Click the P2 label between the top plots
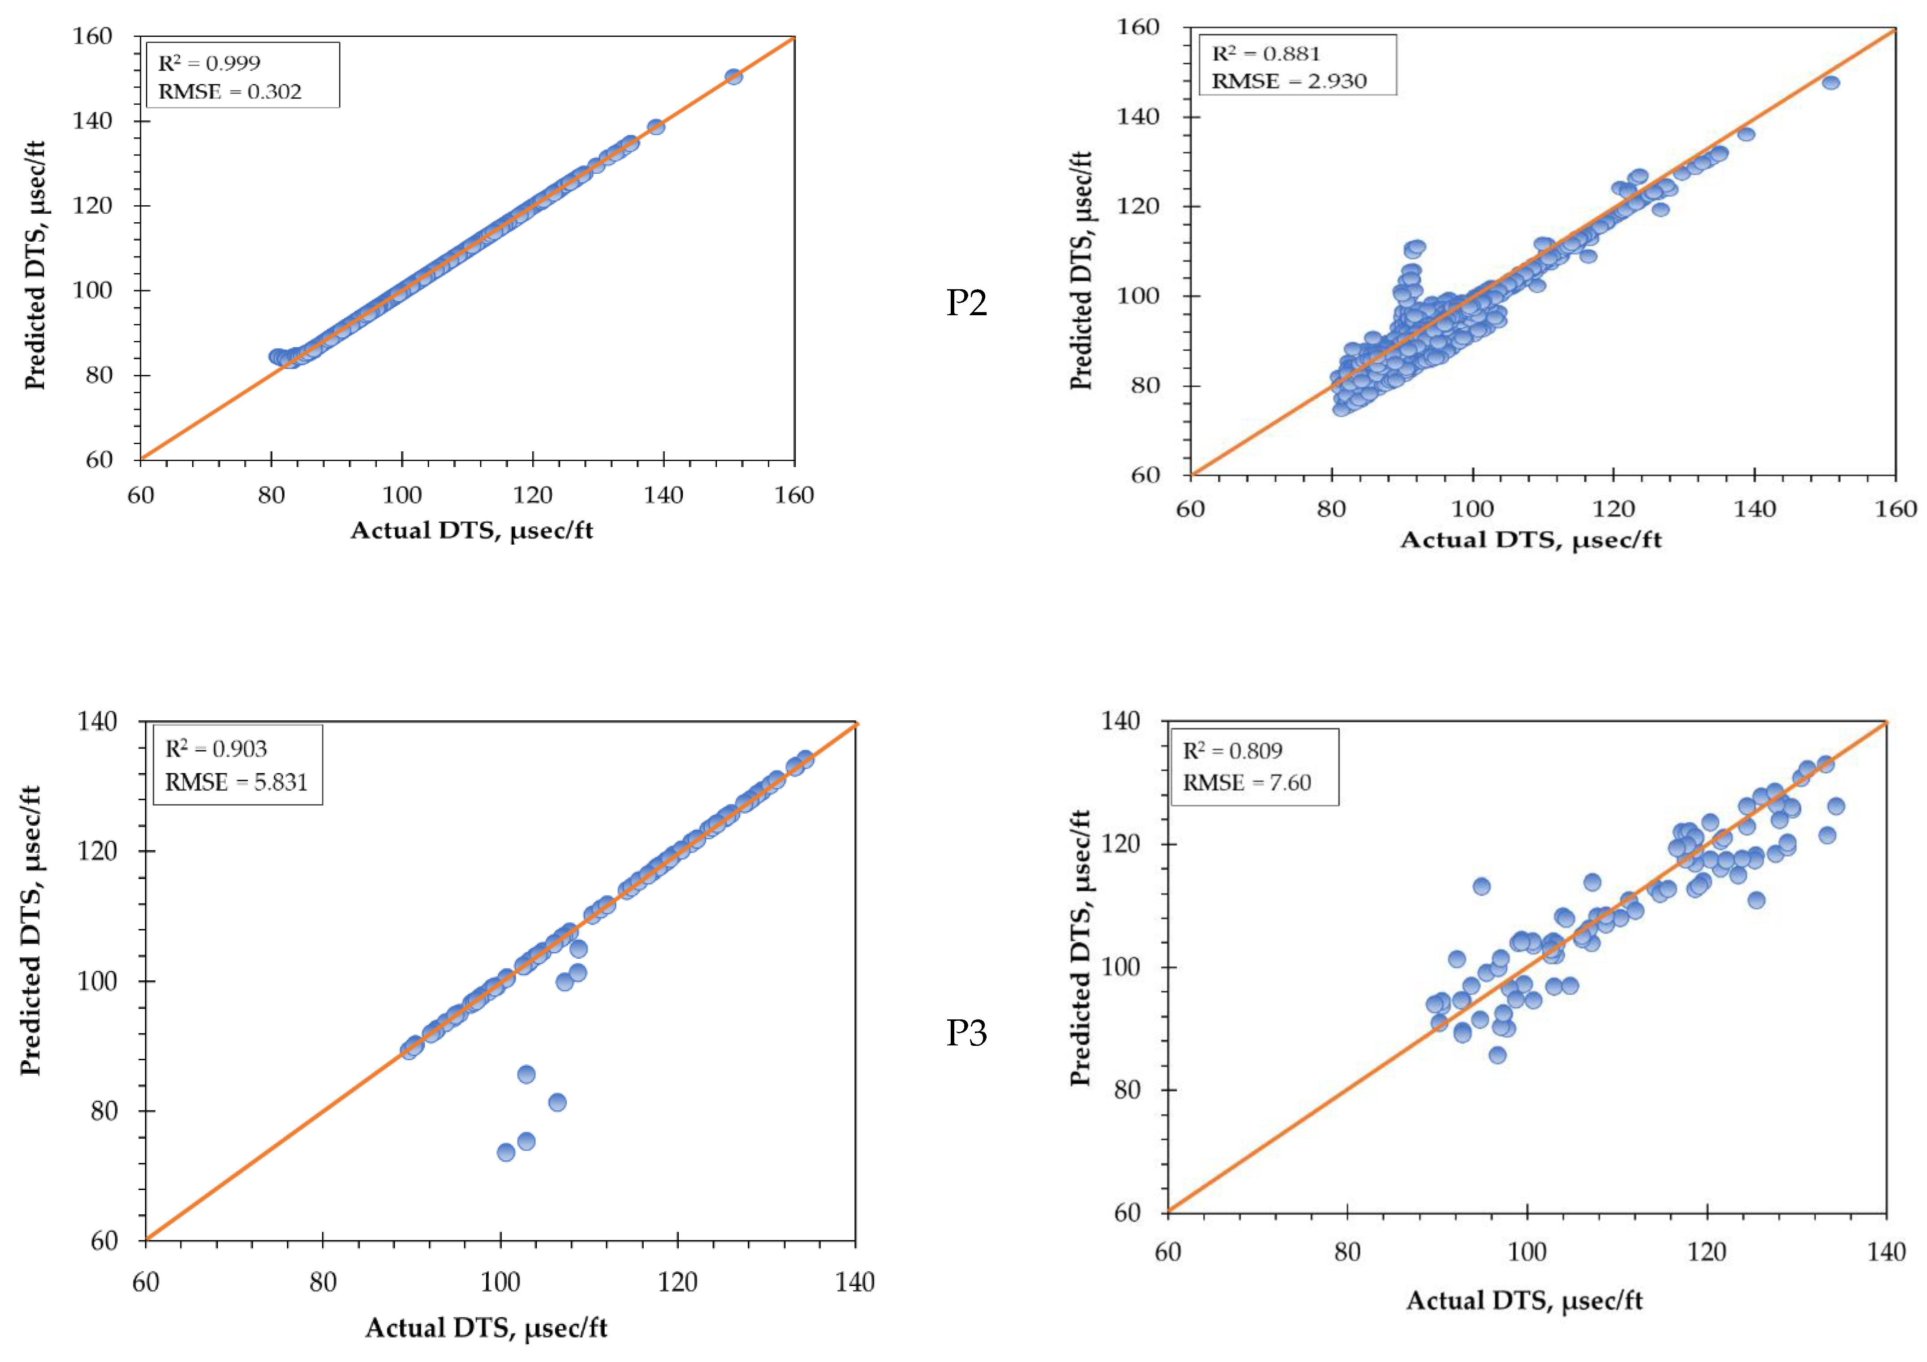click(x=966, y=303)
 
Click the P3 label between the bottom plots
click(x=966, y=1033)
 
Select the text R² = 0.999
click(x=209, y=63)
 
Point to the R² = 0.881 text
click(x=1266, y=54)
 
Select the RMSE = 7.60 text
click(x=1247, y=783)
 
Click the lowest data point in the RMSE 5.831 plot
click(x=506, y=1152)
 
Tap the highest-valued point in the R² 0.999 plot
click(x=733, y=76)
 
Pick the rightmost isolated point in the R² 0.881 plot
click(x=1830, y=82)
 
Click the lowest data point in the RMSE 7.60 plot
click(x=1497, y=1055)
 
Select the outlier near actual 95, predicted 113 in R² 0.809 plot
click(x=1481, y=886)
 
